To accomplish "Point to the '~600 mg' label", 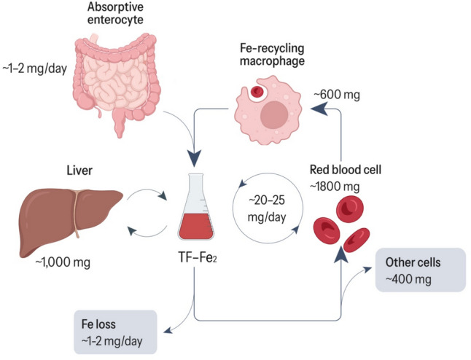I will pos(338,95).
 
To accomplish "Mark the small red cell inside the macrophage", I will pos(255,93).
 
